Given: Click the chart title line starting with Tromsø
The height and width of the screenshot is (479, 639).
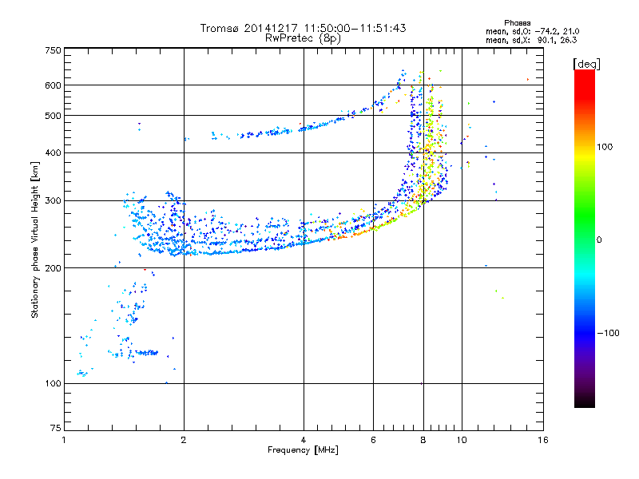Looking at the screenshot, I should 303,28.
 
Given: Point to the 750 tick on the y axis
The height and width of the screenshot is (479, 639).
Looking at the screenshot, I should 53,49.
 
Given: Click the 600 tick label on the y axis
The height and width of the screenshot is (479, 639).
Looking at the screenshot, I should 53,85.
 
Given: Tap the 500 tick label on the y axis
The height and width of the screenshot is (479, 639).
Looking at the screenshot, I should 53,115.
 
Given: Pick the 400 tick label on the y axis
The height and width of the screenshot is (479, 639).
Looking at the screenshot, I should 53,152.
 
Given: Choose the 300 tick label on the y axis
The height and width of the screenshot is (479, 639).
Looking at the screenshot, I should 53,200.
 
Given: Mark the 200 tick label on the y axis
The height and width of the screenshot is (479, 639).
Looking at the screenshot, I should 53,267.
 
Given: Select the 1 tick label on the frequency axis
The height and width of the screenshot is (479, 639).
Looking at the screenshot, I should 64,440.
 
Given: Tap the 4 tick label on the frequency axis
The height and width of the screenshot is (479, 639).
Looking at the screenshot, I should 304,440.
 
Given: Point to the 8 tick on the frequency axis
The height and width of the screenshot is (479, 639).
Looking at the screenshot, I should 423,440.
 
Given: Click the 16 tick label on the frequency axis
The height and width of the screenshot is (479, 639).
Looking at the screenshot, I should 543,440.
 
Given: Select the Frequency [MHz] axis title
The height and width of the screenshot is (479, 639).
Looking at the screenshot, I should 303,451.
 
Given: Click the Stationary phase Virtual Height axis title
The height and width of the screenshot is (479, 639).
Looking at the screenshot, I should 35,239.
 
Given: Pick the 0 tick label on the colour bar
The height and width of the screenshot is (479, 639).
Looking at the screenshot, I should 599,239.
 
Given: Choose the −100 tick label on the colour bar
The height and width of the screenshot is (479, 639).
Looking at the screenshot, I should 607,332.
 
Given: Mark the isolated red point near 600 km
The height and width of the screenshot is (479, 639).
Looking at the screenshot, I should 527,79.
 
